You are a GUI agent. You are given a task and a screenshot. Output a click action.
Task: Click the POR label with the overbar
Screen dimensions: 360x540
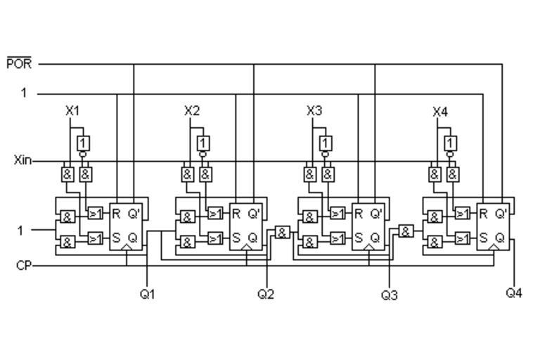19,63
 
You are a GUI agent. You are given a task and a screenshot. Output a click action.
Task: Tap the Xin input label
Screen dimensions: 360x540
22,160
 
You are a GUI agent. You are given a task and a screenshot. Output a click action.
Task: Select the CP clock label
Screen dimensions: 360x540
23,266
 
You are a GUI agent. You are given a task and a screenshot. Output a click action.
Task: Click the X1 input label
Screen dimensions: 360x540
72,110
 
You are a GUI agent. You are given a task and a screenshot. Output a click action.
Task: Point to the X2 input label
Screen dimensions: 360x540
192,110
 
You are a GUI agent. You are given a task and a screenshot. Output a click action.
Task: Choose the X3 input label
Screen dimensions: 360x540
315,110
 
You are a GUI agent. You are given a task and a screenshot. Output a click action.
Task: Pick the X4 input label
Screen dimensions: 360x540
440,111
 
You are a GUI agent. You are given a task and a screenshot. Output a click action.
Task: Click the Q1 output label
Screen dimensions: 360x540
147,294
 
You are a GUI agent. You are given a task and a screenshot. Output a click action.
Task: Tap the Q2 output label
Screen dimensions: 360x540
266,294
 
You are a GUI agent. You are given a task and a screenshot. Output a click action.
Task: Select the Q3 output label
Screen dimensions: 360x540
389,295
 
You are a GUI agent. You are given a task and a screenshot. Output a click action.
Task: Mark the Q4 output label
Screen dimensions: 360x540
514,292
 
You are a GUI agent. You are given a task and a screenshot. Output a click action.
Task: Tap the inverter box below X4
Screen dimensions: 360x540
451,143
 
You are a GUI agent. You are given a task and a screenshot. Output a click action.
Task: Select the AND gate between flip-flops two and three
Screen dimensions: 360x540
282,232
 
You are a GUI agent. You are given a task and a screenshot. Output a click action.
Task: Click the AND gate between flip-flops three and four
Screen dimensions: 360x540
406,231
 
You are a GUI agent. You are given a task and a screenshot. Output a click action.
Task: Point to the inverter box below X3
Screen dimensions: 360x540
325,143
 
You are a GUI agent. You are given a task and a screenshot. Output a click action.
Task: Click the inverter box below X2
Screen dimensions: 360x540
203,143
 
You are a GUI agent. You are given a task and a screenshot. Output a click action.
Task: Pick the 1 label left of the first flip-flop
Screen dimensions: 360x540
21,230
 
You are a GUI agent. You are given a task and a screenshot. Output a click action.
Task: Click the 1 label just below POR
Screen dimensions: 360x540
24,93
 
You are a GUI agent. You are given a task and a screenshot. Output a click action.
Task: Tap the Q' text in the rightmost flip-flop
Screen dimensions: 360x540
501,213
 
